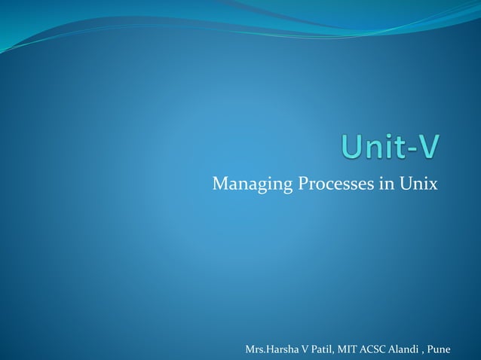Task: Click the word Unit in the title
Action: coord(369,146)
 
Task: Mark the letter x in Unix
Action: coord(431,184)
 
